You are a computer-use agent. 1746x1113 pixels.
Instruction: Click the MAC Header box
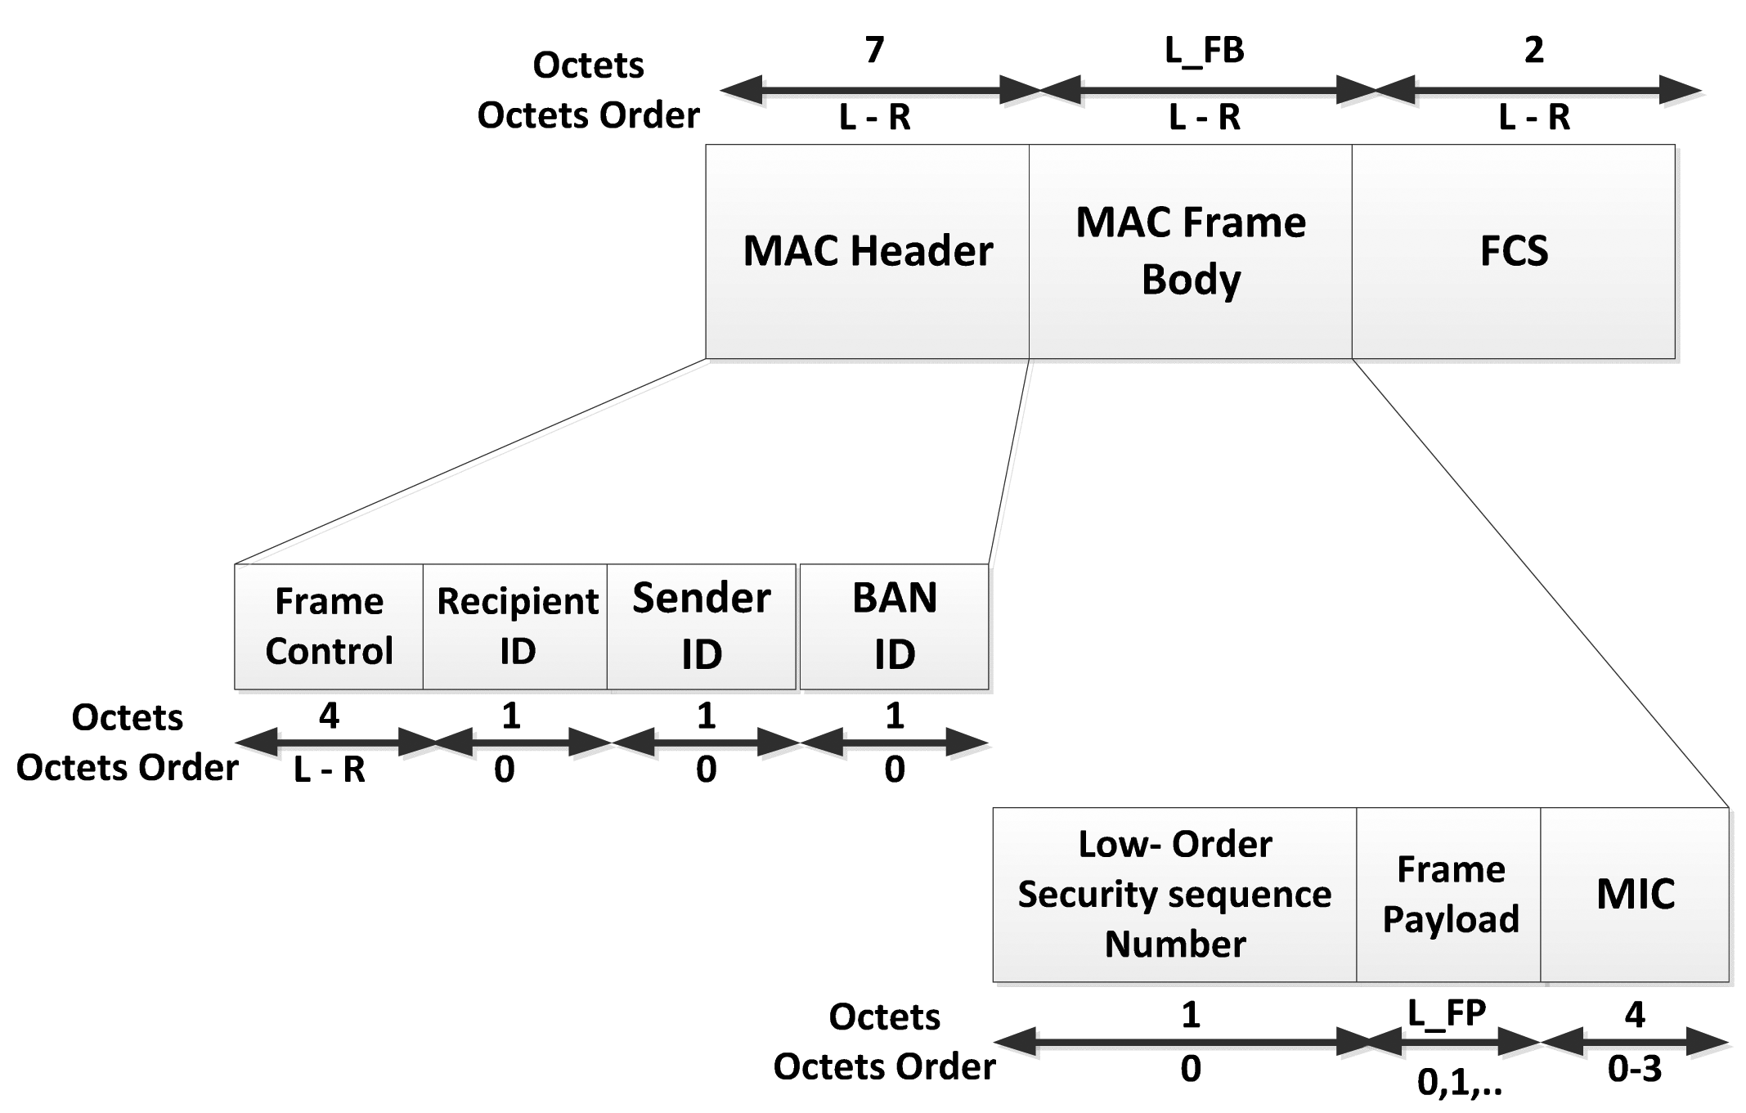point(867,251)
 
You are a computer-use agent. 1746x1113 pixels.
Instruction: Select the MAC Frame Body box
point(1190,251)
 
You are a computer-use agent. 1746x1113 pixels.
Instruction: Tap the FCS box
point(1513,251)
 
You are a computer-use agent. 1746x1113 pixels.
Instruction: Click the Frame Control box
point(329,626)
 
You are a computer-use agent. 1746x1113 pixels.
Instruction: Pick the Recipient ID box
point(515,626)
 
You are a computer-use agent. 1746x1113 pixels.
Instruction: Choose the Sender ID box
point(701,626)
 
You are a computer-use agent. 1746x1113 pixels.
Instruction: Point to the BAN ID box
point(894,626)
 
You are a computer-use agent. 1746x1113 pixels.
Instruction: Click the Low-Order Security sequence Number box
point(1174,894)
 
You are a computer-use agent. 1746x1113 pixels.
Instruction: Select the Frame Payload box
point(1449,894)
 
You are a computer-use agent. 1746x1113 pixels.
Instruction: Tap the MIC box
point(1635,894)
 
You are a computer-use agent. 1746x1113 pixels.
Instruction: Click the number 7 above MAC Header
point(874,51)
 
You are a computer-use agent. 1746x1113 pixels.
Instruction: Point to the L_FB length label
point(1204,51)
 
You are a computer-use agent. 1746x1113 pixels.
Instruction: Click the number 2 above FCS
point(1533,51)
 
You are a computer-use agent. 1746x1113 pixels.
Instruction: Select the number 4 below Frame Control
point(329,716)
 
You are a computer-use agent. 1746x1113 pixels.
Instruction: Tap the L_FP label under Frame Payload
point(1447,1014)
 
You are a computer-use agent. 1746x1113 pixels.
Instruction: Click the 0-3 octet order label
point(1634,1070)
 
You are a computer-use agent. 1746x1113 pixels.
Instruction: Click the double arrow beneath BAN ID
point(894,743)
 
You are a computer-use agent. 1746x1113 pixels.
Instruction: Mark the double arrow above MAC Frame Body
point(1204,90)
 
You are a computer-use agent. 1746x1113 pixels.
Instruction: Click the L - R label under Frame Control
point(329,770)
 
